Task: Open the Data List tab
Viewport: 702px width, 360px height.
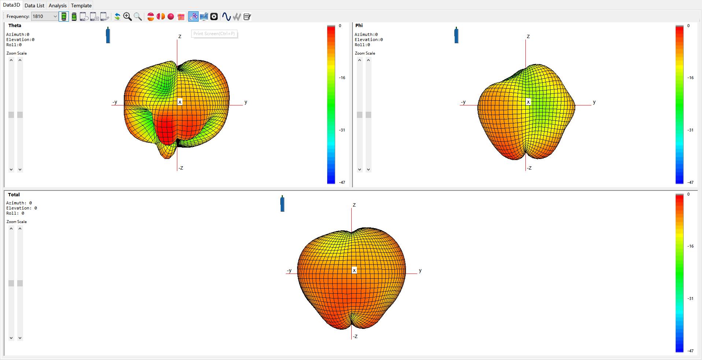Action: (x=34, y=5)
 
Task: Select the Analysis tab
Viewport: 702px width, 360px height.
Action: (x=58, y=5)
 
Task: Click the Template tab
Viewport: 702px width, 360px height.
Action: (x=81, y=5)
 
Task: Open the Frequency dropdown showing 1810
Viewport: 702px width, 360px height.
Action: (x=55, y=16)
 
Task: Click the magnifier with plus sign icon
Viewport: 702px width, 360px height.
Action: (x=127, y=16)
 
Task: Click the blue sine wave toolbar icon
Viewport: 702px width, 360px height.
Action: (x=226, y=16)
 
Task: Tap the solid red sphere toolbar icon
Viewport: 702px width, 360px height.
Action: (x=171, y=16)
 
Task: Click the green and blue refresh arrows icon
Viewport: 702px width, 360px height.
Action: (x=117, y=16)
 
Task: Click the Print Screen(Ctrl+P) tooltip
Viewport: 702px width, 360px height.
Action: (x=214, y=34)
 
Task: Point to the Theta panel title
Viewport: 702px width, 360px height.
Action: (x=15, y=26)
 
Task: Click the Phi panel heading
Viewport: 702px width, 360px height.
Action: (x=359, y=26)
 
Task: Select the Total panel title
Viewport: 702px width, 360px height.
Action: (x=14, y=195)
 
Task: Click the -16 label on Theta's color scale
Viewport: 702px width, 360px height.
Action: (x=342, y=78)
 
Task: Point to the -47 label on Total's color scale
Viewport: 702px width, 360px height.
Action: (x=691, y=351)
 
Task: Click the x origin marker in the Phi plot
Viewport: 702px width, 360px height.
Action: (x=528, y=102)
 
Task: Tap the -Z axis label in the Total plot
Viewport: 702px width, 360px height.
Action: (x=355, y=337)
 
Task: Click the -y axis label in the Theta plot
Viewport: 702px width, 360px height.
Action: (x=115, y=102)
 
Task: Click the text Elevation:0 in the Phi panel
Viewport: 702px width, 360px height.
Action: (x=369, y=40)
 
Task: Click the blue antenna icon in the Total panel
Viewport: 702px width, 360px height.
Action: (x=282, y=204)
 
